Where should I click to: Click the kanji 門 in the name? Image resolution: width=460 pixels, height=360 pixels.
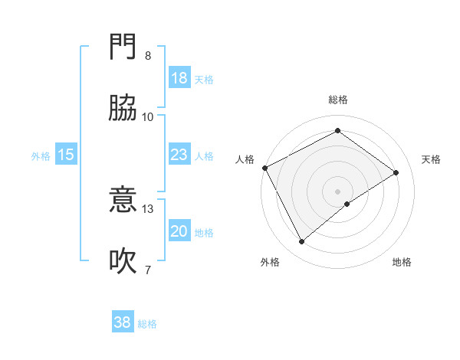click(123, 48)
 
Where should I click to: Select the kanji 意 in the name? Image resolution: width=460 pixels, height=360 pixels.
click(123, 201)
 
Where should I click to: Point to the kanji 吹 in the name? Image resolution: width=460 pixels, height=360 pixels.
click(123, 261)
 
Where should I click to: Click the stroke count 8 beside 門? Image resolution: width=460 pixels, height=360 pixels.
click(148, 56)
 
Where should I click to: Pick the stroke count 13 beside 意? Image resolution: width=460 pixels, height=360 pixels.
click(148, 208)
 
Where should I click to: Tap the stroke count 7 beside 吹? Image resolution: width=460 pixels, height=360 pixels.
click(148, 269)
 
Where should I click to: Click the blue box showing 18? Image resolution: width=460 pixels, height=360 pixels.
click(179, 78)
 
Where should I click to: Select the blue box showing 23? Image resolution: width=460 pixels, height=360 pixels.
click(179, 155)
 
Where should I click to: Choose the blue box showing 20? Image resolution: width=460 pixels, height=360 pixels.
click(179, 231)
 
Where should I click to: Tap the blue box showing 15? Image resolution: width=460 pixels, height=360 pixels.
click(66, 155)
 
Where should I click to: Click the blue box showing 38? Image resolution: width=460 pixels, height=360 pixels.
click(122, 322)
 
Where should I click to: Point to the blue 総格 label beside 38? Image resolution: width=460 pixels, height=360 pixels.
click(147, 324)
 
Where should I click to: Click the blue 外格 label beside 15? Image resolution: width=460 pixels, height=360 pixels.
click(41, 156)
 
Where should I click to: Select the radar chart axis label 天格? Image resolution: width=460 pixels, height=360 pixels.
click(432, 159)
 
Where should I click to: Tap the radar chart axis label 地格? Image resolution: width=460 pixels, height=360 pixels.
click(402, 263)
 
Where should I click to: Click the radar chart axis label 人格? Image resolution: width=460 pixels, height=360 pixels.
click(245, 159)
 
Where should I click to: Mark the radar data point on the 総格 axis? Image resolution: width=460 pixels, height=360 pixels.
click(337, 131)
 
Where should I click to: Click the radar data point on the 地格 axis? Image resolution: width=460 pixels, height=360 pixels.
click(347, 204)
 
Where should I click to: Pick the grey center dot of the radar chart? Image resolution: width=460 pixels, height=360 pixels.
click(337, 190)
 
